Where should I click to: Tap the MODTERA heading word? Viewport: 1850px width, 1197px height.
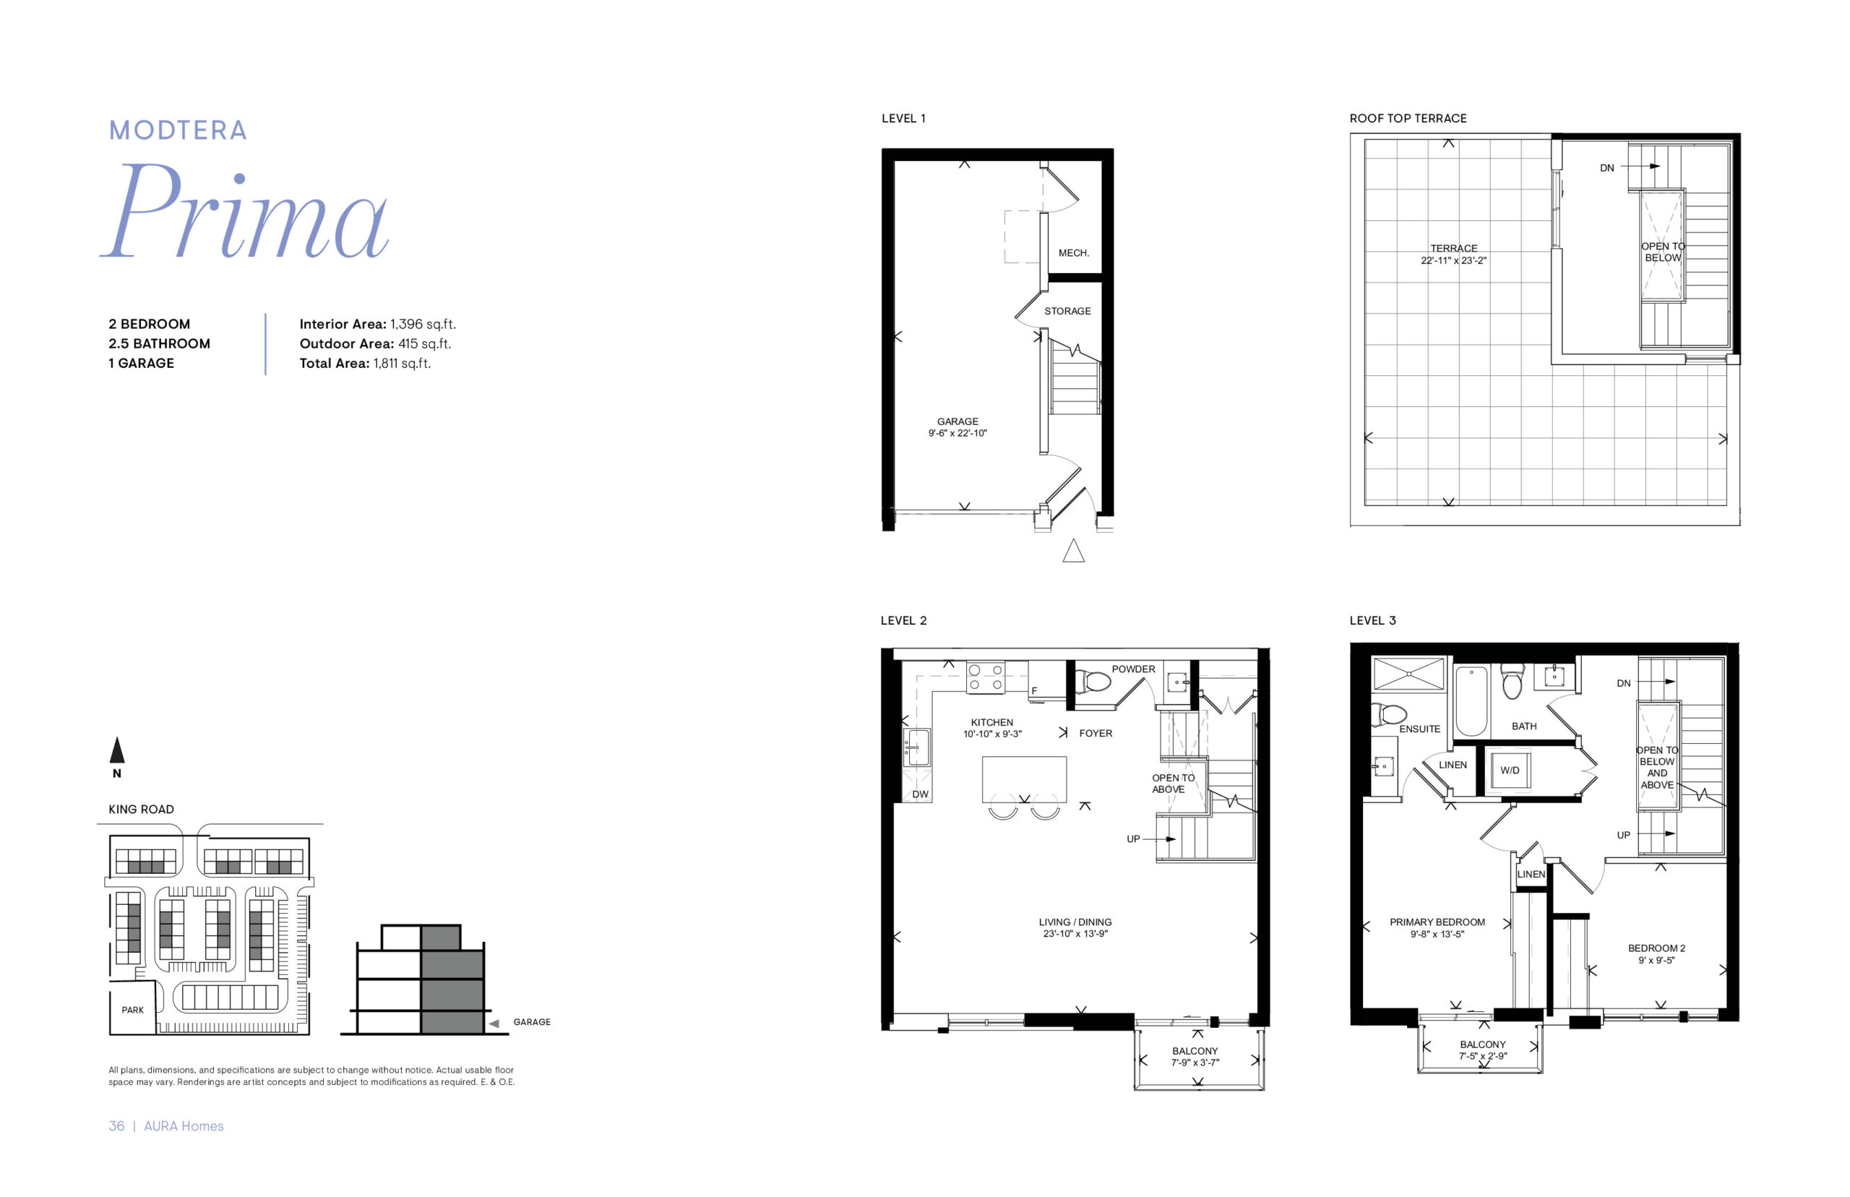point(178,130)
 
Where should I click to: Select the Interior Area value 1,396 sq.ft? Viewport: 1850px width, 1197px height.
point(423,324)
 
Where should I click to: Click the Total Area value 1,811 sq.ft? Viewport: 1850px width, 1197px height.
point(402,363)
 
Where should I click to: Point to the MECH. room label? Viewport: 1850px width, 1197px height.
point(1074,252)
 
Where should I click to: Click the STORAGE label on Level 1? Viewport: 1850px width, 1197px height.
point(1067,311)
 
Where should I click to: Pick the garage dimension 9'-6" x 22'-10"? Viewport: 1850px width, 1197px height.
point(958,433)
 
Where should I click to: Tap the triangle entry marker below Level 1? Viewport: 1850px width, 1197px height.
point(1073,550)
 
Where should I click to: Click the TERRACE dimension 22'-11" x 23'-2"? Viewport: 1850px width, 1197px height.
point(1454,260)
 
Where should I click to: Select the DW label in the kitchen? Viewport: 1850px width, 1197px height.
point(920,794)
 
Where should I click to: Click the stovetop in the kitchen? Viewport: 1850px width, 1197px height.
point(985,677)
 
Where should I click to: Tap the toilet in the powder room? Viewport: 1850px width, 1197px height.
point(1093,682)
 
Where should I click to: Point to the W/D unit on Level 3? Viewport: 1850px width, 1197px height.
point(1508,771)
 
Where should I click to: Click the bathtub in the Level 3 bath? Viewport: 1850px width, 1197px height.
point(1471,701)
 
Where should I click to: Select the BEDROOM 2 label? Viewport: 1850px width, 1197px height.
point(1656,948)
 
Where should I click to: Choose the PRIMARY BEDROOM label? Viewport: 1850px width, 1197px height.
point(1437,922)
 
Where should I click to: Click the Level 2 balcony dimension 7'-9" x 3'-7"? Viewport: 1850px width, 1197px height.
point(1195,1063)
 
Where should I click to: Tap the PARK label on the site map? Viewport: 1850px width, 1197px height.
point(132,1010)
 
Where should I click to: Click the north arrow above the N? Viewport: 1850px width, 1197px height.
point(116,750)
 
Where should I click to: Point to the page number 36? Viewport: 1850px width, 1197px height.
point(116,1125)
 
